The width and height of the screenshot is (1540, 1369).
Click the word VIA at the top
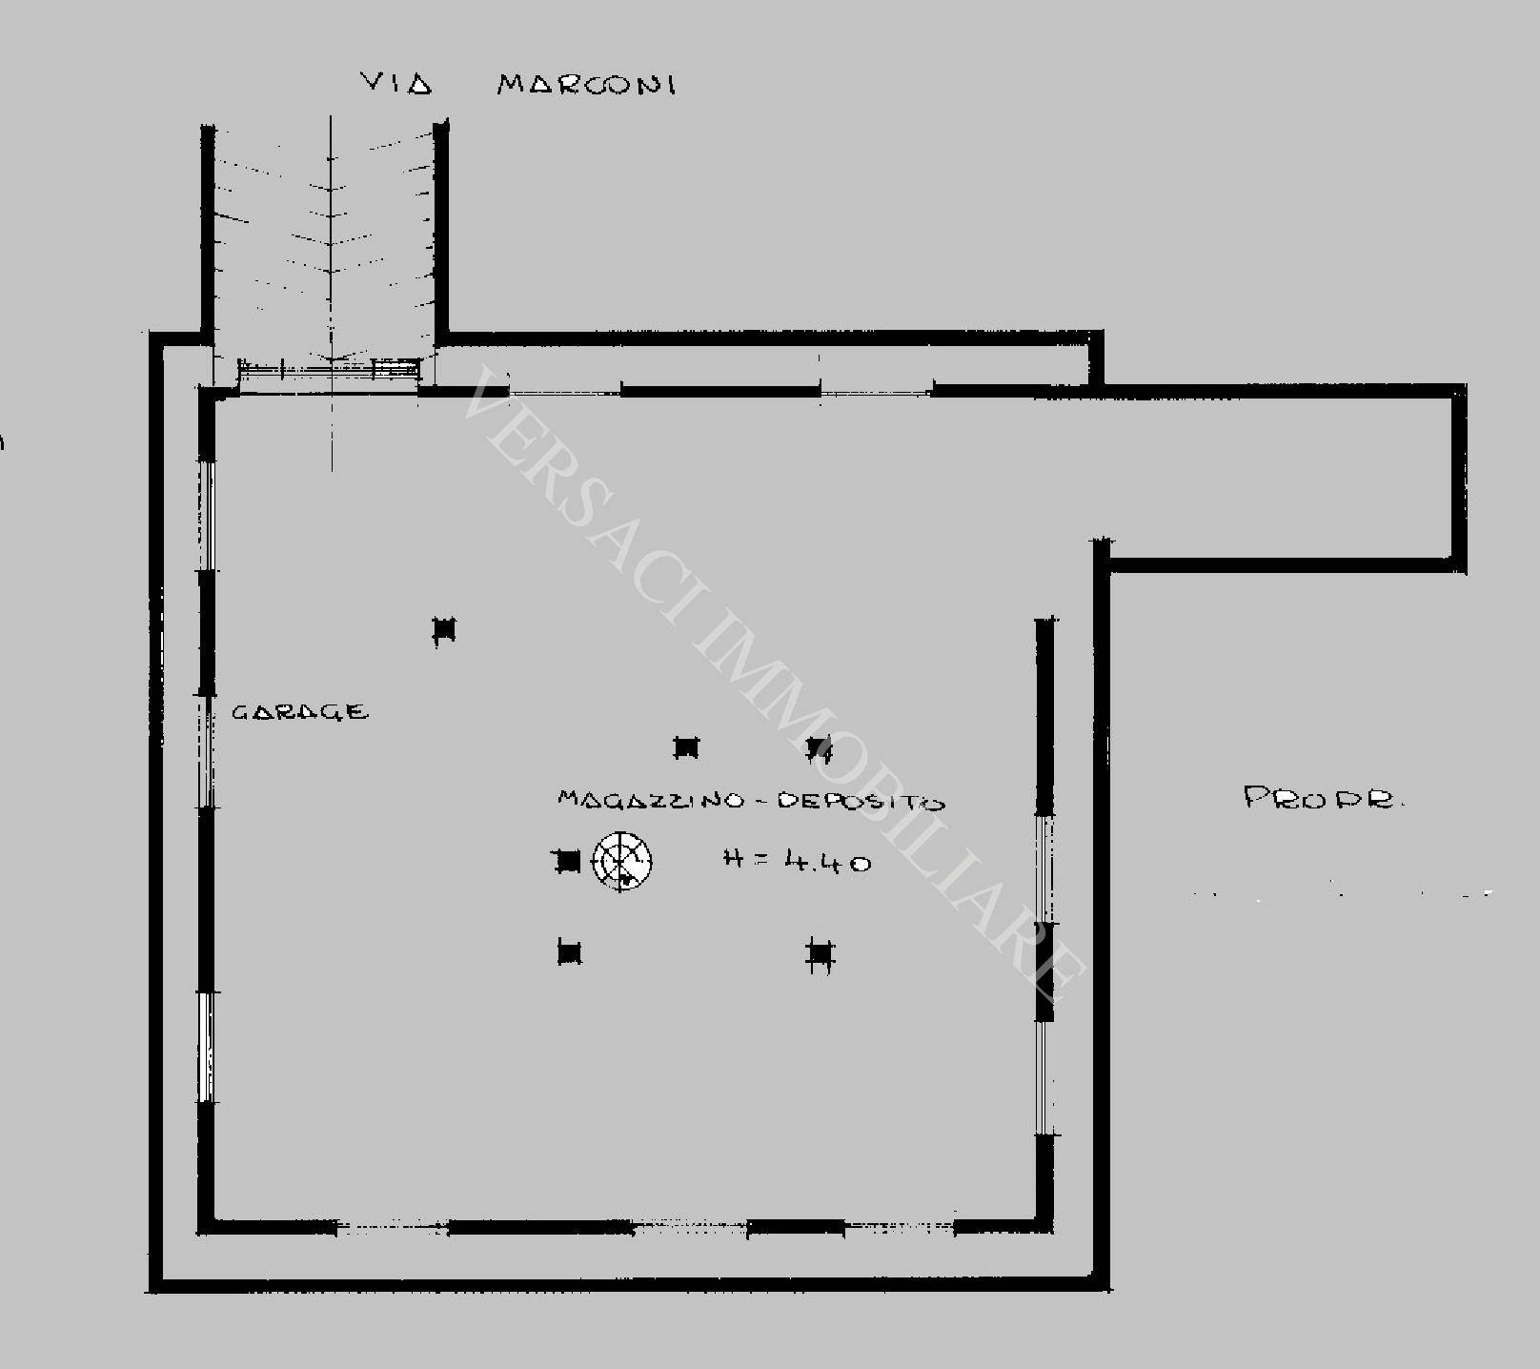tap(396, 84)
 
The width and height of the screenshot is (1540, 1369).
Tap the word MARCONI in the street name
tap(586, 85)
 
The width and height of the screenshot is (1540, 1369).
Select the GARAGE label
tap(300, 711)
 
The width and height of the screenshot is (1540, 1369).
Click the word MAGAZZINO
tap(651, 799)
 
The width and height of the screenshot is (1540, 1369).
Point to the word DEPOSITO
tap(861, 801)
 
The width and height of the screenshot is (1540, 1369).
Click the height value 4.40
tap(827, 862)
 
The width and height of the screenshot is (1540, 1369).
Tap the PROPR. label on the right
tap(1324, 797)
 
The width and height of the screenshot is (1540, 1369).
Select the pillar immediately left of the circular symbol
tap(568, 862)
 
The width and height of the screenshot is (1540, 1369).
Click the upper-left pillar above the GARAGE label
tap(444, 630)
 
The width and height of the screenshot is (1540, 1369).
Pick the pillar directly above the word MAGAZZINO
tap(686, 748)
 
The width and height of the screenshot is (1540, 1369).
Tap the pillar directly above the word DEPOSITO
tap(820, 749)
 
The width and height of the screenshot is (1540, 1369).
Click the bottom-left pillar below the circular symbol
tap(569, 951)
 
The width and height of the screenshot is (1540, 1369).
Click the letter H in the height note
tap(733, 858)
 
